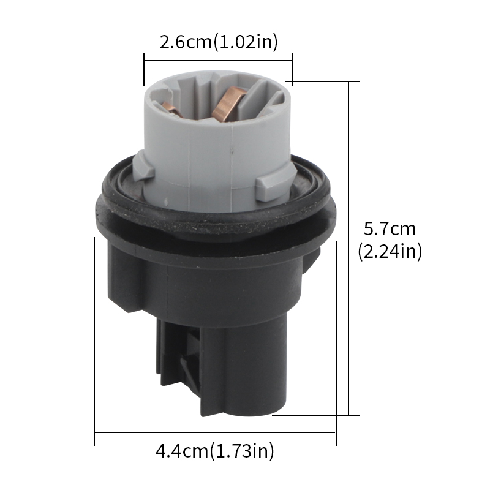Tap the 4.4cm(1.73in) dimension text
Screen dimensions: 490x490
pos(215,451)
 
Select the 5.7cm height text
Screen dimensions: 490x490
pos(390,228)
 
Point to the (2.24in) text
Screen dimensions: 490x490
pos(390,251)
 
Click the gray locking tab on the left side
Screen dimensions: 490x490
pos(144,167)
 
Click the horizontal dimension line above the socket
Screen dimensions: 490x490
pos(218,61)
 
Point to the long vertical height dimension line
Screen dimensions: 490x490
pos(349,249)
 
